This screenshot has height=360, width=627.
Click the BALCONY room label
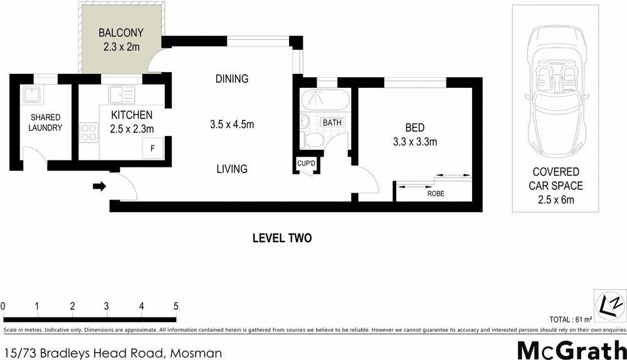pos(121,33)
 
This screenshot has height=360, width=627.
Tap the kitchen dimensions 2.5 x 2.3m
pos(131,129)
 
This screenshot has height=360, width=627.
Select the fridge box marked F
pos(150,149)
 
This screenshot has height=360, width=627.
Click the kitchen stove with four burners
pos(88,132)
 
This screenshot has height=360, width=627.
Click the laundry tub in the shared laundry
pos(30,95)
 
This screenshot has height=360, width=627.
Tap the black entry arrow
pos(99,186)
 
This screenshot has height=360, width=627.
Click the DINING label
pos(231,79)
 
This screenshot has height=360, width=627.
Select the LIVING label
pos(231,169)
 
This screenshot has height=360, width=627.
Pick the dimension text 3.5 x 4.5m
pos(231,124)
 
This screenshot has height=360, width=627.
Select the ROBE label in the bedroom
pos(435,194)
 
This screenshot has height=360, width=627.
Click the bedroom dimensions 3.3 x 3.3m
pos(414,142)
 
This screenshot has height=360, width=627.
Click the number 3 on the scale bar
pos(107,306)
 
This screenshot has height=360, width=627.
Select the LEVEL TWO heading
pos(282,238)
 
